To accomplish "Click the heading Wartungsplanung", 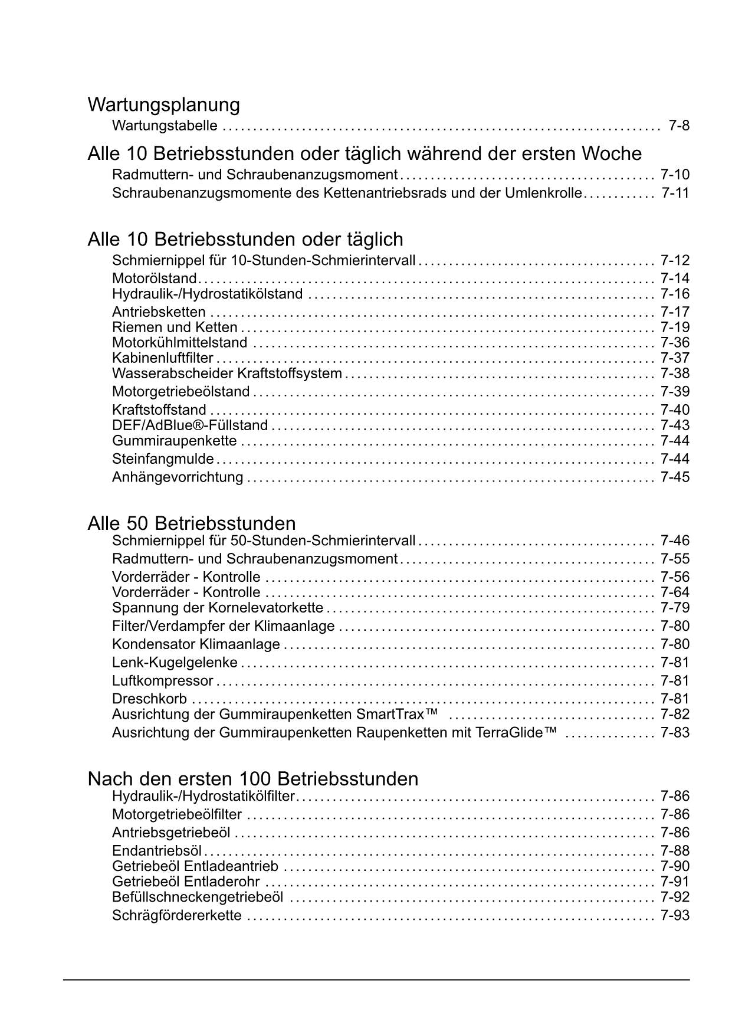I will point(163,105).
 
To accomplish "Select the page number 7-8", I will point(679,126).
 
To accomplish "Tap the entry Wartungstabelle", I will point(165,126).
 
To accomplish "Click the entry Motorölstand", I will point(154,279).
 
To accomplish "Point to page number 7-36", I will point(675,343).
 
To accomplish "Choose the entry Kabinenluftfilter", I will point(163,358).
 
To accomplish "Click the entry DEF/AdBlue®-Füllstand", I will point(190,425).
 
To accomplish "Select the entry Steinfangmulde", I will point(163,459).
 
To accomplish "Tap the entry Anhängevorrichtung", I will point(178,477).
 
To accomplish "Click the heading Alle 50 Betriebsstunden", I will point(192,523).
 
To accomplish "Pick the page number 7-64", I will point(675,592).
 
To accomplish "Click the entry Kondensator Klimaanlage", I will point(196,644).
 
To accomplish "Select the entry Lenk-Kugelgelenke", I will point(175,663).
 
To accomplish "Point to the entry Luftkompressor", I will point(162,681).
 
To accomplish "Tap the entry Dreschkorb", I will point(149,699).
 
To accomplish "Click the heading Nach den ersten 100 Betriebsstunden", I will point(252,779).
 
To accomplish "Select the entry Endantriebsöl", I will point(157,851).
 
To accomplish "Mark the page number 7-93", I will point(675,916).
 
